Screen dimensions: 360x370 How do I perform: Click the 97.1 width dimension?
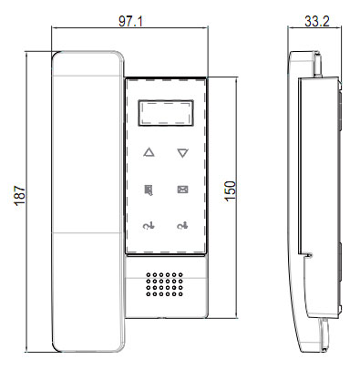[x=130, y=21]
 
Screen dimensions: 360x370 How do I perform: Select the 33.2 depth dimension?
[x=317, y=21]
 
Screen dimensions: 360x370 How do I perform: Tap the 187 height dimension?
[x=20, y=196]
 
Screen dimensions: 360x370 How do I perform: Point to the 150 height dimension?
[x=231, y=190]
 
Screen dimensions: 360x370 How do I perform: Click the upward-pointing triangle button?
[x=149, y=152]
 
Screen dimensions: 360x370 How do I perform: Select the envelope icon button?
[x=182, y=190]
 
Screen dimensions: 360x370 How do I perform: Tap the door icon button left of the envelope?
[x=149, y=190]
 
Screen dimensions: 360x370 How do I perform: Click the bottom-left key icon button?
[x=149, y=226]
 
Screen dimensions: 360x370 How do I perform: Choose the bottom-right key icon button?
[x=182, y=226]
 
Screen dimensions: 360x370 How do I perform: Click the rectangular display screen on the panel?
[x=166, y=113]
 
